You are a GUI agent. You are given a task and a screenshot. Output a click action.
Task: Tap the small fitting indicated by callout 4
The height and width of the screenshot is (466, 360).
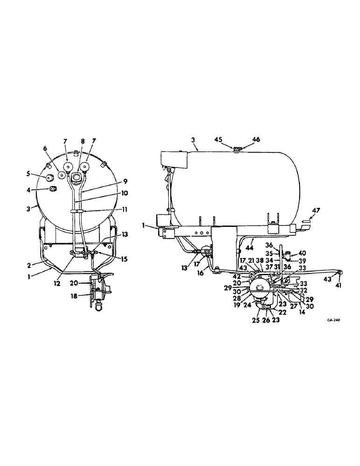53,189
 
